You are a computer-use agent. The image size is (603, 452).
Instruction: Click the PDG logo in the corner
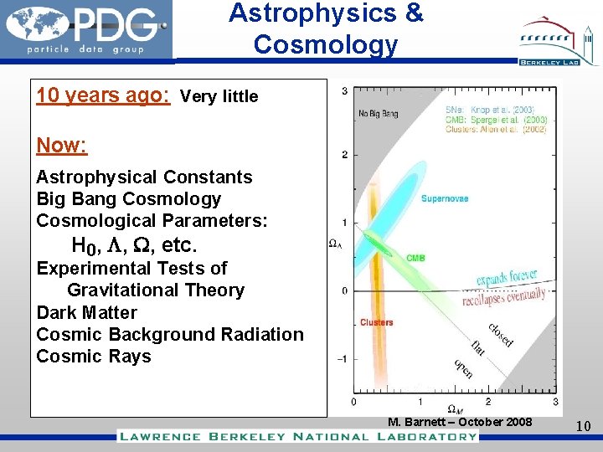(x=86, y=30)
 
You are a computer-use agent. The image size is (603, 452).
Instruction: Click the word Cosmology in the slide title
(x=325, y=44)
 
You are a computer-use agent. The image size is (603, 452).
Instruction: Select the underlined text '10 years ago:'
(x=104, y=95)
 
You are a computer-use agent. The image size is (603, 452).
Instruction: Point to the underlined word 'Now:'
(x=61, y=145)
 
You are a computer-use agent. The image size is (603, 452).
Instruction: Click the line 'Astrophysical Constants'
(x=144, y=177)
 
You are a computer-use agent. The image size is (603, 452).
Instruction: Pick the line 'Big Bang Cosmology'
(x=129, y=199)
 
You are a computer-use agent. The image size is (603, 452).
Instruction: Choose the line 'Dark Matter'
(x=86, y=312)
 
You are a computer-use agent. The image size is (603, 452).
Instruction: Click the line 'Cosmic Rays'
(x=94, y=356)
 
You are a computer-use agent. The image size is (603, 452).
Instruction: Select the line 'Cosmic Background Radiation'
(x=170, y=334)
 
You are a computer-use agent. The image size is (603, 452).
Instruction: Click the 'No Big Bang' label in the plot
(x=379, y=113)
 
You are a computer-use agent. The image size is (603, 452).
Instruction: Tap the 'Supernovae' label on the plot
(x=444, y=198)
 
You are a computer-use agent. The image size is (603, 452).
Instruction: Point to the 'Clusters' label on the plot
(x=377, y=322)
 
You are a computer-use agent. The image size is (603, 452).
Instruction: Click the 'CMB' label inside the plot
(x=415, y=259)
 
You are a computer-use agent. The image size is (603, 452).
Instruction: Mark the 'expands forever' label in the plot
(x=506, y=278)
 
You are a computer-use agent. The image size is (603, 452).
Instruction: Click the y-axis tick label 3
(x=345, y=90)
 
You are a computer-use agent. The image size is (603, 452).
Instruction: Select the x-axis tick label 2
(x=487, y=402)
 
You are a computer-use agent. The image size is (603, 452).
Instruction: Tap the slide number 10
(x=583, y=427)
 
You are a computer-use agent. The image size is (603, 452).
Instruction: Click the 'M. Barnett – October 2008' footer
(x=460, y=421)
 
